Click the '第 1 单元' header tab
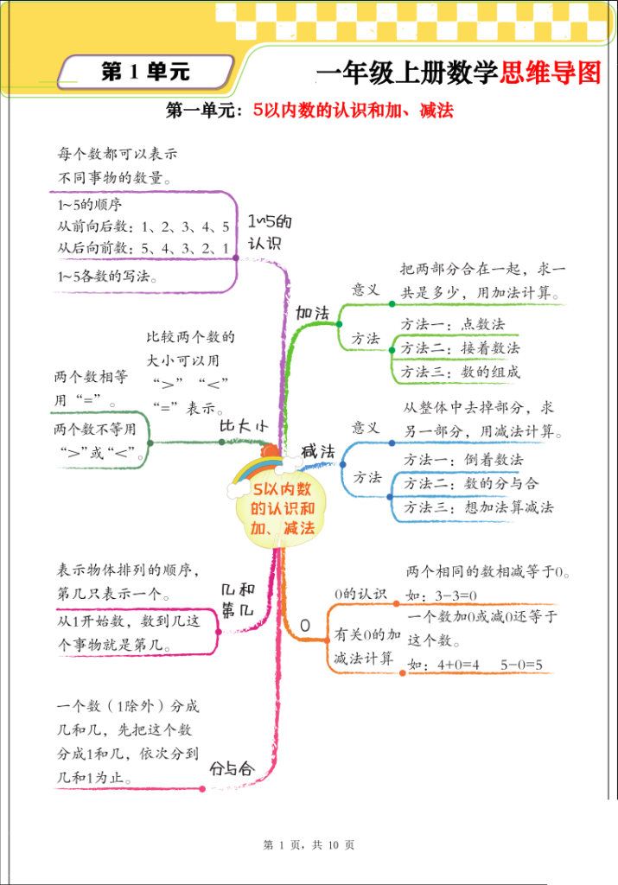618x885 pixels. pyautogui.click(x=145, y=73)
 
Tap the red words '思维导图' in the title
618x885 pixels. pyautogui.click(x=550, y=73)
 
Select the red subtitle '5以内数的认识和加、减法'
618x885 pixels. pyautogui.click(x=354, y=111)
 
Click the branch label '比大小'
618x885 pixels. pyautogui.click(x=243, y=427)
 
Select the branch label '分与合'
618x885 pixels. pyautogui.click(x=233, y=767)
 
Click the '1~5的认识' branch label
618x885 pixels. pyautogui.click(x=269, y=232)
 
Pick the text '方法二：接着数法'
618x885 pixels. pyautogui.click(x=461, y=348)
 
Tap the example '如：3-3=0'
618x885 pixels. pyautogui.click(x=442, y=595)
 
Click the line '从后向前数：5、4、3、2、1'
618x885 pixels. pyautogui.click(x=143, y=249)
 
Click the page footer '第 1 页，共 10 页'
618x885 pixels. pyautogui.click(x=309, y=845)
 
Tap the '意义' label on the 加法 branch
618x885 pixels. pyautogui.click(x=366, y=290)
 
